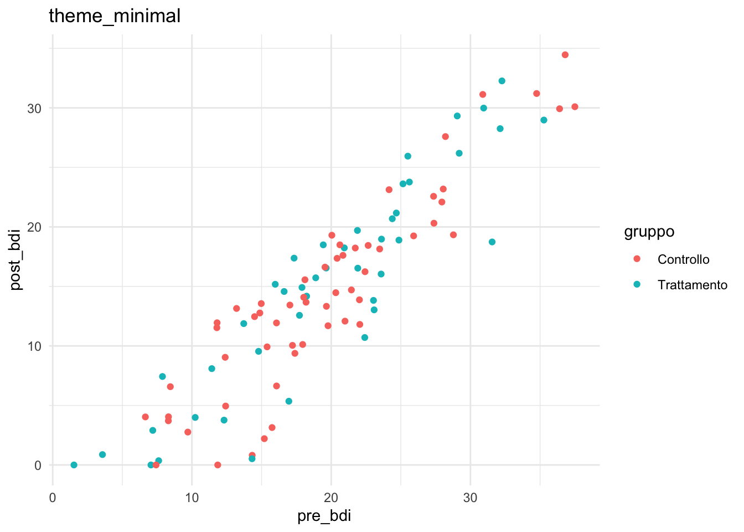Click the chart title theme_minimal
[x=115, y=16]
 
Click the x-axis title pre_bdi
[x=324, y=516]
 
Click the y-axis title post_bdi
[x=15, y=259]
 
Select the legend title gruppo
[x=649, y=231]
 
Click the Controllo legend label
[x=683, y=259]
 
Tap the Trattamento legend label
[x=692, y=285]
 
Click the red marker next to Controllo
[x=637, y=259]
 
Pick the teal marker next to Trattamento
[x=637, y=284]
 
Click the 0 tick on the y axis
[x=38, y=465]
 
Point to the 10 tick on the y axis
[x=35, y=346]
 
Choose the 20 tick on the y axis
[x=35, y=227]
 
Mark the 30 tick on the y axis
[x=35, y=108]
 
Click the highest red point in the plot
[x=565, y=55]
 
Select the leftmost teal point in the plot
[x=74, y=465]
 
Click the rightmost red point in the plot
[x=575, y=107]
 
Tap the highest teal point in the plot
[x=502, y=81]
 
